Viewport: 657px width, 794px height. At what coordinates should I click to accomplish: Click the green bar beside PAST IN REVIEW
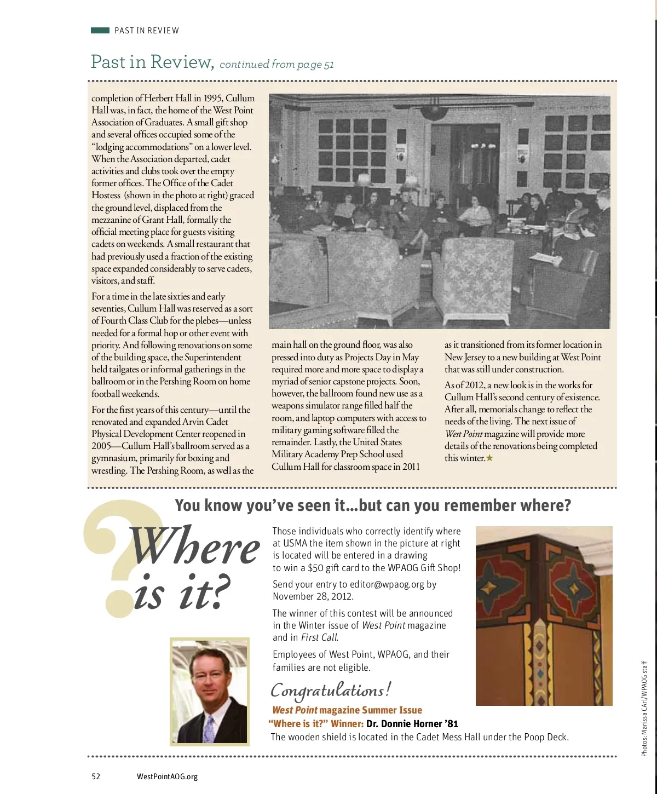[x=100, y=31]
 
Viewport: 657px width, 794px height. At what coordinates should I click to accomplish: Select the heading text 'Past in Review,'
[x=152, y=62]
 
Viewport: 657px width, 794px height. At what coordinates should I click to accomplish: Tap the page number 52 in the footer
[x=96, y=776]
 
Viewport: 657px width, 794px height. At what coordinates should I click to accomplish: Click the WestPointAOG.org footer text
[x=167, y=776]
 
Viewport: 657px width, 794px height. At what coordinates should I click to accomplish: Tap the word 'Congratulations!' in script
[x=331, y=691]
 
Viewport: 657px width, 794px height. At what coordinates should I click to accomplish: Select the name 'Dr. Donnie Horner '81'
[x=412, y=723]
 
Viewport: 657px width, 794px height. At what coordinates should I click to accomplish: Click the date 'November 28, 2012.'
[x=313, y=596]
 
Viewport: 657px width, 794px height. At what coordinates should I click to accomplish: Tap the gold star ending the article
[x=489, y=458]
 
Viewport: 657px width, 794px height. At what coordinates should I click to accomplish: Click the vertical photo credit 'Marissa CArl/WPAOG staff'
[x=644, y=709]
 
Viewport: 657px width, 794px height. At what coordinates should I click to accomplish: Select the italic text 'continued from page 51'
[x=276, y=65]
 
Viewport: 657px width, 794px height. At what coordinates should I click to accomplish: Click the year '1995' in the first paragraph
[x=213, y=99]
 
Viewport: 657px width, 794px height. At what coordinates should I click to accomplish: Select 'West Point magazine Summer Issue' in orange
[x=347, y=710]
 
